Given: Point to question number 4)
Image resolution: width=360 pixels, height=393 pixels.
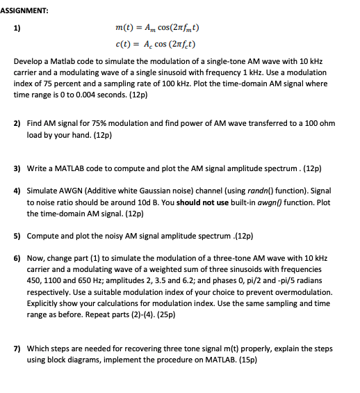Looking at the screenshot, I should tap(17, 189).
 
